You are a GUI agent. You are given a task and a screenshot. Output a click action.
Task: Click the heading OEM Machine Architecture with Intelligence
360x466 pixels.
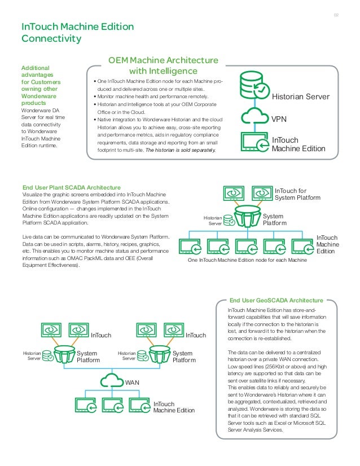(163, 65)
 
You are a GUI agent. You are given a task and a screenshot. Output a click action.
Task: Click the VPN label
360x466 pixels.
(279, 120)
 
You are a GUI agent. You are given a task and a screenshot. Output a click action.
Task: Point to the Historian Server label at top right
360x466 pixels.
(301, 97)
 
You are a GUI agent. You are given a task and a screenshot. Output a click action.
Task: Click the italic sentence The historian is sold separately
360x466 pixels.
(180, 150)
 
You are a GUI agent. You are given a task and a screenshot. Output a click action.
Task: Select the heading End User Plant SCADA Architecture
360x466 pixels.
(71, 187)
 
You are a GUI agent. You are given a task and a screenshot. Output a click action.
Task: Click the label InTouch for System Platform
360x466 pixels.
(297, 195)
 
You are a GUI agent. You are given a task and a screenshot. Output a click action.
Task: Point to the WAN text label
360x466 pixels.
(132, 383)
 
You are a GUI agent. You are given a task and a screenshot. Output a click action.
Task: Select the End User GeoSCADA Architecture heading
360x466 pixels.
(275, 300)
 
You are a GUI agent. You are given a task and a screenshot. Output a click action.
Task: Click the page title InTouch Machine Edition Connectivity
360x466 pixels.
(77, 33)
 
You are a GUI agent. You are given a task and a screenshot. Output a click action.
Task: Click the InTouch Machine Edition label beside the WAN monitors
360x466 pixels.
(174, 407)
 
